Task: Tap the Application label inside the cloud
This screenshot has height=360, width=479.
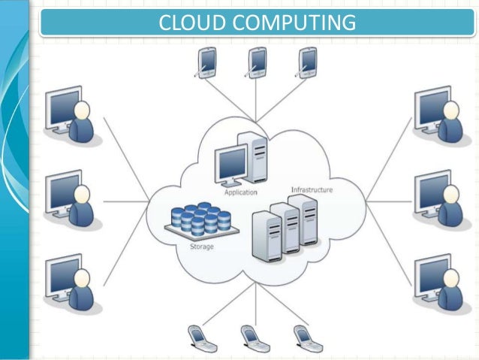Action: (240, 192)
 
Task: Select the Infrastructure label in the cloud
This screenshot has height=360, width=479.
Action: (311, 190)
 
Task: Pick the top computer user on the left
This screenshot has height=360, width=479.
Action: (71, 116)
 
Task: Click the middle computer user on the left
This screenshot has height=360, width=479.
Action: (71, 198)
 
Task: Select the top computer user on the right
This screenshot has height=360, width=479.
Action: (440, 116)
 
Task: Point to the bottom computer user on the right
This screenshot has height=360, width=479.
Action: (440, 281)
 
